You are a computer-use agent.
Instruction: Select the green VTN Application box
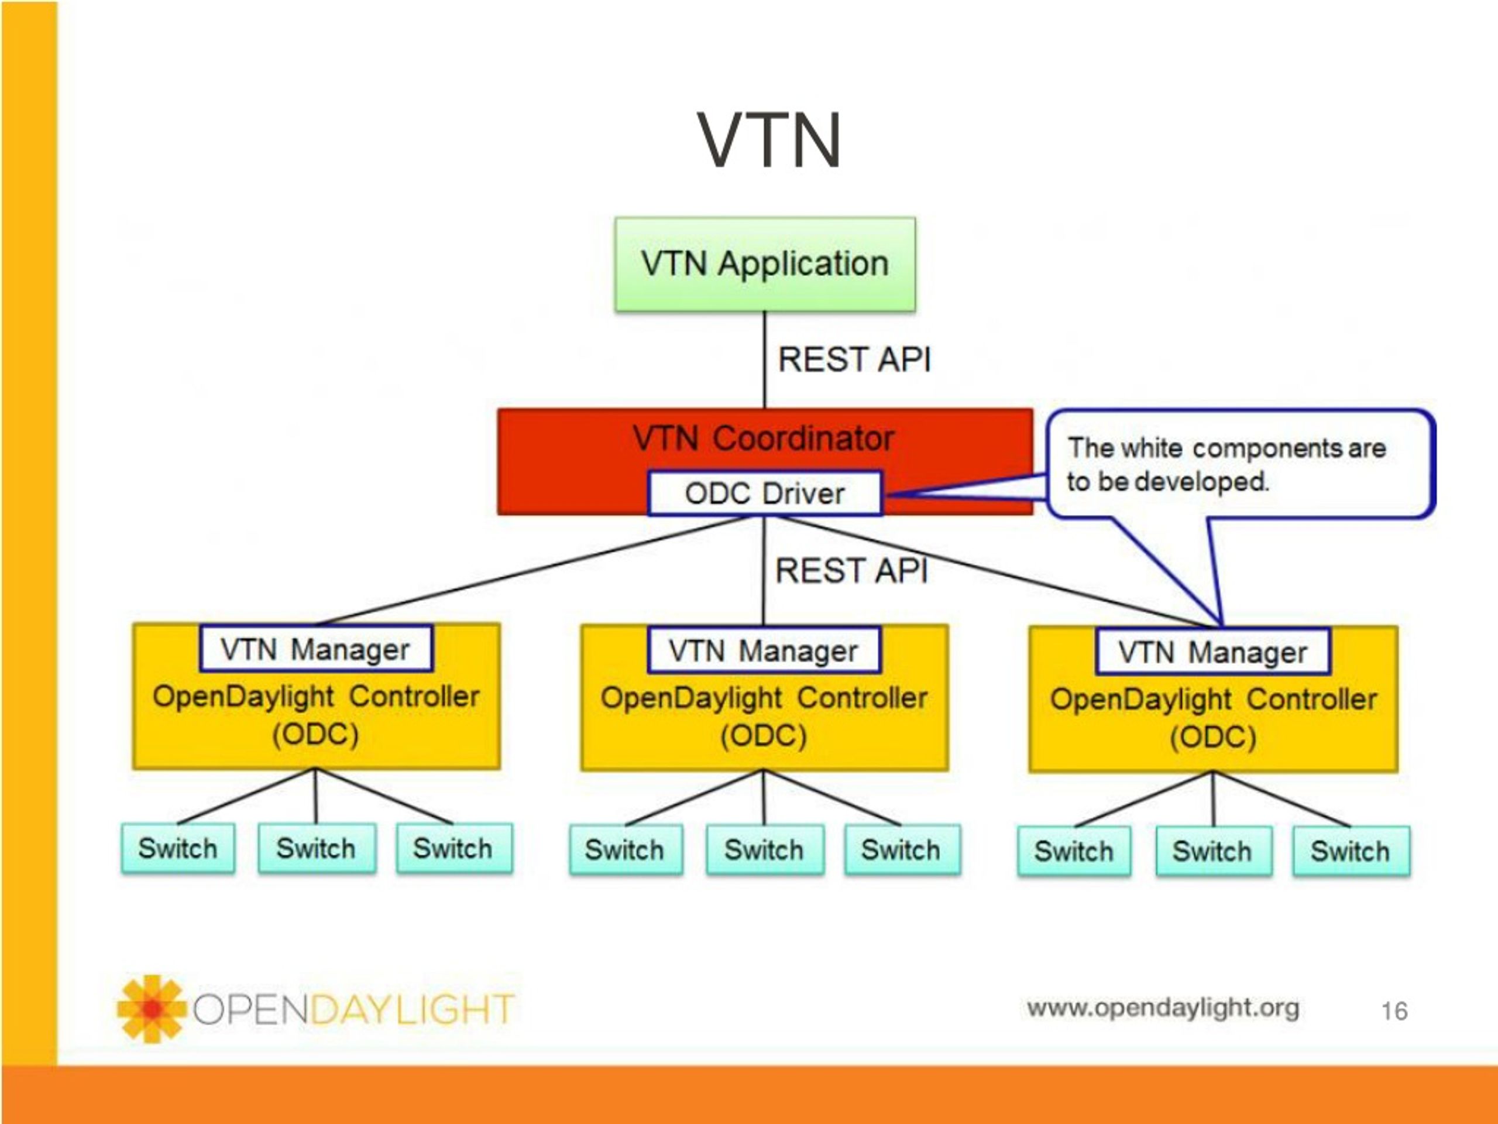point(765,264)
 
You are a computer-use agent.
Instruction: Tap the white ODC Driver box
point(765,494)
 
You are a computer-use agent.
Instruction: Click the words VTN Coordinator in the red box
point(764,438)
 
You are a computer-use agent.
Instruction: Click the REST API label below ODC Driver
point(852,570)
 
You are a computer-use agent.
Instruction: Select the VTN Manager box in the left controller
point(316,649)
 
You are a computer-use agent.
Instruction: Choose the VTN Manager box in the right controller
point(1213,652)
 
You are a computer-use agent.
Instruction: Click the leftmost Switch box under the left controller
point(178,848)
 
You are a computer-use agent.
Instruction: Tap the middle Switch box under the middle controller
point(765,849)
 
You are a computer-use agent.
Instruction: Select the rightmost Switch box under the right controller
point(1351,851)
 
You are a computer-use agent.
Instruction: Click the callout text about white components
point(1226,465)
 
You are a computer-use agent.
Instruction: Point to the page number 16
point(1394,1012)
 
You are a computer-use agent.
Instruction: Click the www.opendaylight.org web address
point(1163,1008)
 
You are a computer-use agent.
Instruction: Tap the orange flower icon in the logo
point(152,1009)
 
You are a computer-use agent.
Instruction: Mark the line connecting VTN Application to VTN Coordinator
point(765,360)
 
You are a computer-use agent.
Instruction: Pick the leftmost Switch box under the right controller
point(1075,851)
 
